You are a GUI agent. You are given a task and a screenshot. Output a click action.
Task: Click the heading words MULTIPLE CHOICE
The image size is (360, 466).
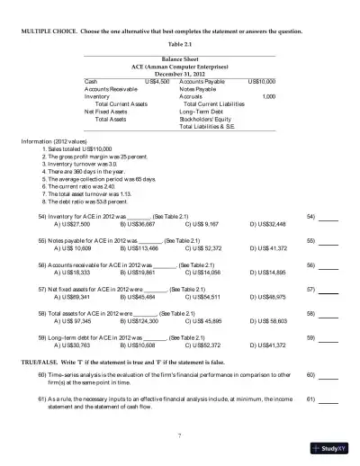coord(53,31)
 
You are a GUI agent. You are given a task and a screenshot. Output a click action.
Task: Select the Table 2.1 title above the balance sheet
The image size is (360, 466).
coord(180,43)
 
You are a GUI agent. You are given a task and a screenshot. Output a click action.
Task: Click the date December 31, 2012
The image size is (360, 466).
coord(180,73)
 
